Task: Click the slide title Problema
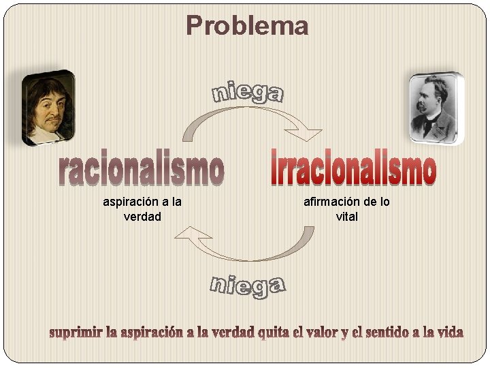pos(247,27)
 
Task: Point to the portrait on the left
pos(48,107)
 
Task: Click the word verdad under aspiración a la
pos(142,217)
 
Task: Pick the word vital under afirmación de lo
pos(346,217)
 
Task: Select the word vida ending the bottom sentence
pos(449,333)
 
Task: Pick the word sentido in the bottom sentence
pos(386,333)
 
